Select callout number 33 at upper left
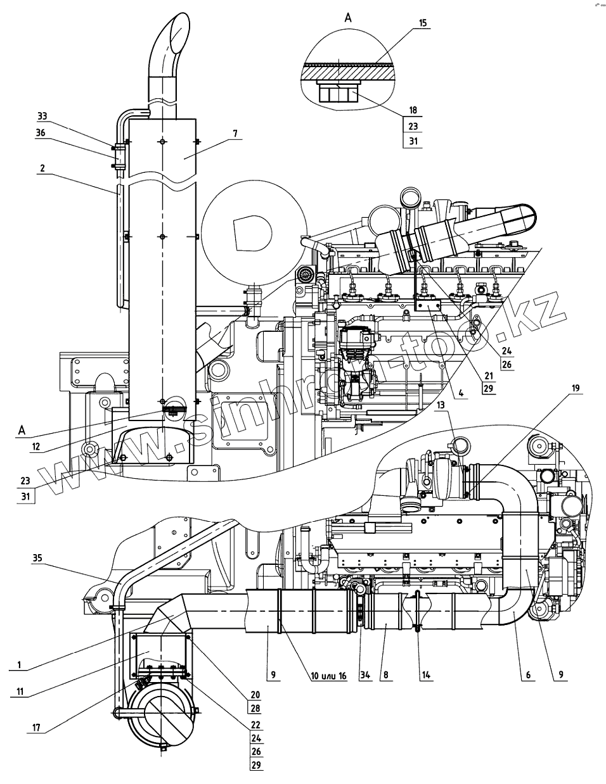pyautogui.click(x=42, y=117)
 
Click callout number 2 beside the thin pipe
pyautogui.click(x=42, y=169)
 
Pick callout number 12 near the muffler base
pyautogui.click(x=36, y=446)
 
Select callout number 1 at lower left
pyautogui.click(x=20, y=665)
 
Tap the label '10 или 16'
pyautogui.click(x=328, y=676)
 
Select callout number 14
pyautogui.click(x=425, y=675)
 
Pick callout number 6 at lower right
pyautogui.click(x=525, y=675)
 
